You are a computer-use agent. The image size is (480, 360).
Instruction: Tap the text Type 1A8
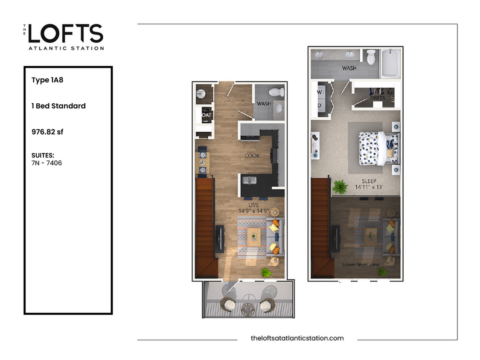(47, 80)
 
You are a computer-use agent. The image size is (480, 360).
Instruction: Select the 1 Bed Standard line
(58, 106)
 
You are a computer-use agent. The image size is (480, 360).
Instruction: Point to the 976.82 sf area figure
(47, 132)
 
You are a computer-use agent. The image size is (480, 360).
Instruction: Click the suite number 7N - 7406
(47, 163)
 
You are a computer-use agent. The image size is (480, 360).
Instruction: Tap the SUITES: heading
(43, 155)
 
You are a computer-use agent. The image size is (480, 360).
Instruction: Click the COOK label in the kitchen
(252, 156)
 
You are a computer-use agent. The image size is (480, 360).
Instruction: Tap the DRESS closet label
(378, 98)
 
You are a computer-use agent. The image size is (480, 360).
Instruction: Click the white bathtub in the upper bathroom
(390, 63)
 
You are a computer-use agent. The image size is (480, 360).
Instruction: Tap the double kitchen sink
(249, 180)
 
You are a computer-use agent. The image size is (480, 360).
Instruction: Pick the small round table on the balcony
(248, 308)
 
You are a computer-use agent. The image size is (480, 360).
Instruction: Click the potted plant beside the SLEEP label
(340, 186)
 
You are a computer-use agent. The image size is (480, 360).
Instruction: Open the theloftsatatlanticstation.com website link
(297, 338)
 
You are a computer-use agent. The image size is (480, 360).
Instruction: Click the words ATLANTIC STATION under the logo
(66, 48)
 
